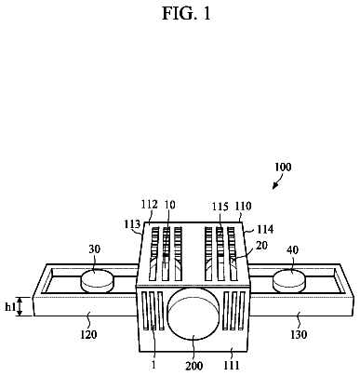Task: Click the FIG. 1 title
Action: click(186, 13)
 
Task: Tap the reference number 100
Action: click(283, 168)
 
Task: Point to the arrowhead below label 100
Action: click(274, 186)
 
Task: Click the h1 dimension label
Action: click(10, 307)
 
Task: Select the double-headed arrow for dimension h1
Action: click(20, 306)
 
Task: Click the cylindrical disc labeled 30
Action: click(97, 281)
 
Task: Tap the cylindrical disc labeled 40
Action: click(289, 281)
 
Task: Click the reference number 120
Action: click(88, 335)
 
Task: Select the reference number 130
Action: click(299, 335)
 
